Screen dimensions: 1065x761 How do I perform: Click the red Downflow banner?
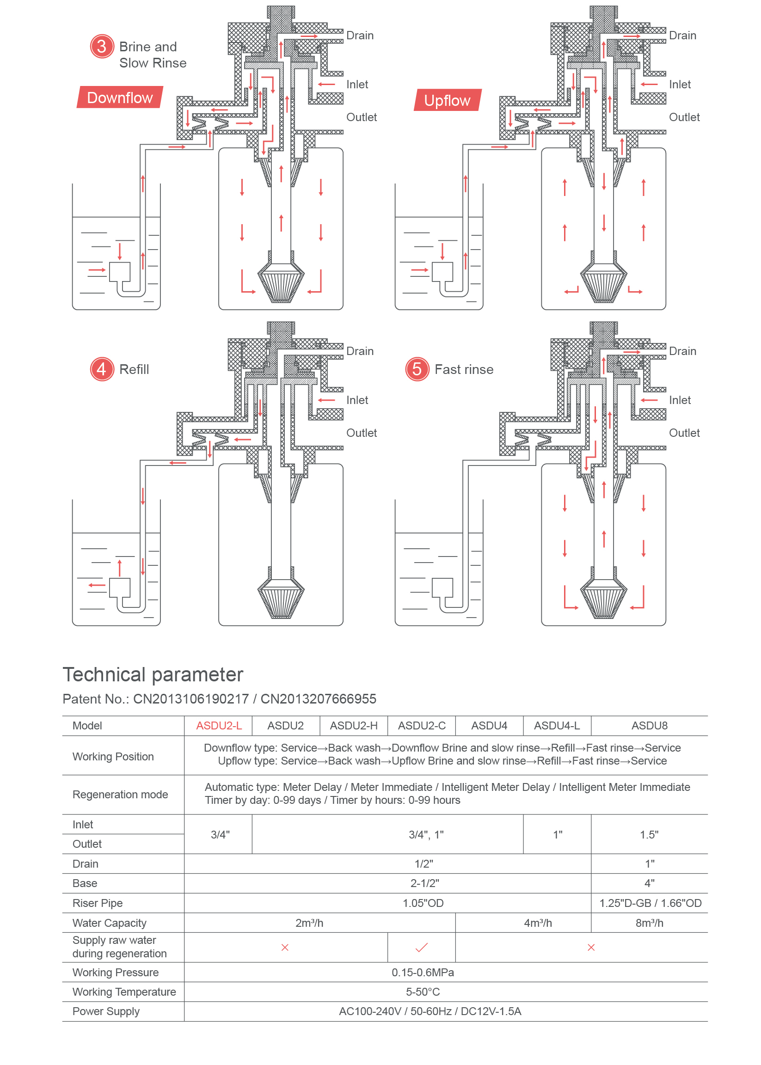pyautogui.click(x=120, y=98)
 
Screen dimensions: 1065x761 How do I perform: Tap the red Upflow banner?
pyautogui.click(x=447, y=100)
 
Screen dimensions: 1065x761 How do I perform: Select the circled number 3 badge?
pyautogui.click(x=102, y=46)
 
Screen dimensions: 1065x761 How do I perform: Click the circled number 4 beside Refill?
pyautogui.click(x=102, y=369)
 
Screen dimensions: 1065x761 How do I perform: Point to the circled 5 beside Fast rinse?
pyautogui.click(x=417, y=369)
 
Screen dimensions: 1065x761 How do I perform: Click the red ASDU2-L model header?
pyautogui.click(x=219, y=726)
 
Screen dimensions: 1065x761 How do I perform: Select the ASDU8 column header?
pyautogui.click(x=649, y=726)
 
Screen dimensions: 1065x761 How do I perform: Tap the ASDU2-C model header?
pyautogui.click(x=422, y=726)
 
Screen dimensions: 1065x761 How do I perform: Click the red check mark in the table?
pyautogui.click(x=422, y=948)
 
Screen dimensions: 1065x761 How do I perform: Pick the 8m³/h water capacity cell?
pyautogui.click(x=649, y=923)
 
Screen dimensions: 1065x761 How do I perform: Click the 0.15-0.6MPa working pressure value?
pyautogui.click(x=423, y=973)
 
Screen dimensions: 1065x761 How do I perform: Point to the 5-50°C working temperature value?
pyautogui.click(x=423, y=992)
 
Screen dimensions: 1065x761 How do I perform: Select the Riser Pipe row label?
pyautogui.click(x=98, y=903)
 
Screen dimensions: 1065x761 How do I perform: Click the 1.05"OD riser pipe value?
pyautogui.click(x=423, y=903)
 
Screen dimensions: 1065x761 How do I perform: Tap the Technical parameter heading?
pyautogui.click(x=153, y=675)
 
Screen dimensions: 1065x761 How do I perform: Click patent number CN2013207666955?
pyautogui.click(x=318, y=699)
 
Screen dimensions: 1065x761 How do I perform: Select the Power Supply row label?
pyautogui.click(x=106, y=1011)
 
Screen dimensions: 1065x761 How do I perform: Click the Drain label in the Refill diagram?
pyautogui.click(x=360, y=351)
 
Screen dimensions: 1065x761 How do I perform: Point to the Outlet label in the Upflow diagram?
pyautogui.click(x=684, y=117)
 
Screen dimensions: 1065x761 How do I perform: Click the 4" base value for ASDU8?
pyautogui.click(x=649, y=883)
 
